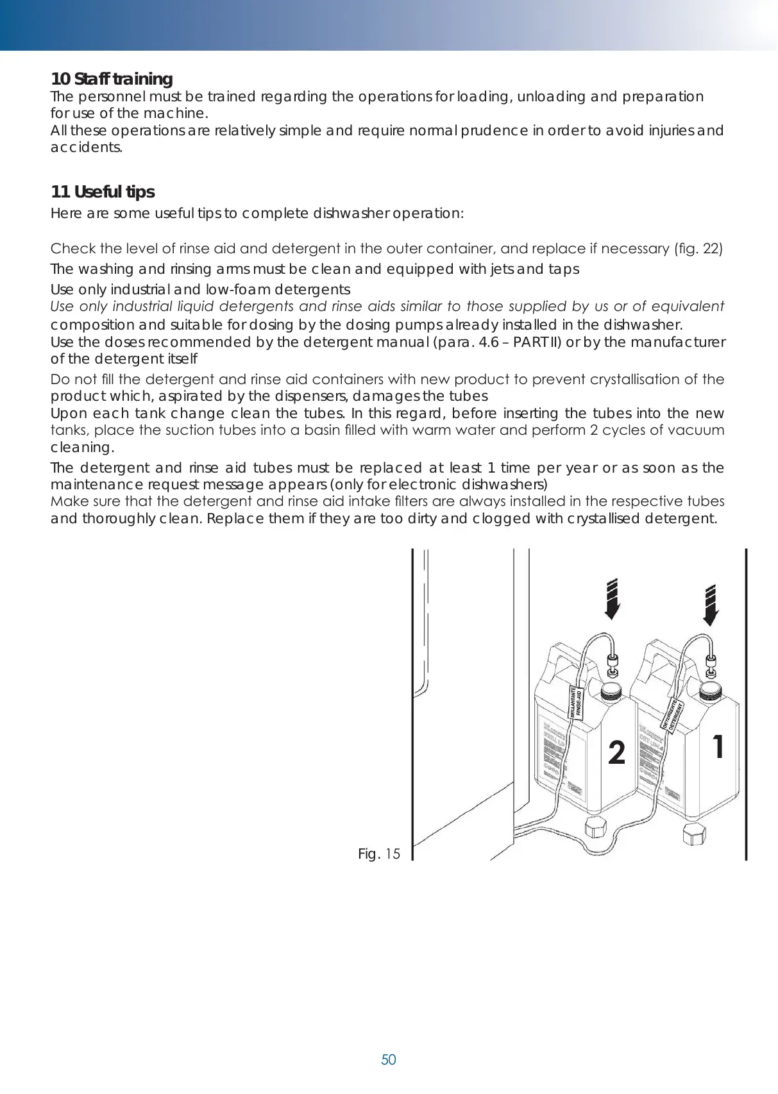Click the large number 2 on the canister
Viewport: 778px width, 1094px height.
[x=616, y=752]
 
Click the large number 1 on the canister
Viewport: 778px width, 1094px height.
[x=718, y=746]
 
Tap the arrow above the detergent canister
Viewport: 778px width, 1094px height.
[x=710, y=605]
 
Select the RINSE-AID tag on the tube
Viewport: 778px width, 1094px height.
[x=577, y=703]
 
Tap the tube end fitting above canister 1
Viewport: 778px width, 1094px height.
[x=711, y=664]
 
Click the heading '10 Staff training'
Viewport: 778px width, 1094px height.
[x=112, y=79]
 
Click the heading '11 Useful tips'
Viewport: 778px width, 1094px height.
[x=103, y=192]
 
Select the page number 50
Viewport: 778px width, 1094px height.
[x=389, y=1059]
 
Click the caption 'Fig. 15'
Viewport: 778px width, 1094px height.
[x=379, y=854]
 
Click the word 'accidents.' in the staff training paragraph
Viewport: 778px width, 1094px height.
[x=87, y=147]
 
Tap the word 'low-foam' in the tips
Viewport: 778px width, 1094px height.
[x=241, y=289]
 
